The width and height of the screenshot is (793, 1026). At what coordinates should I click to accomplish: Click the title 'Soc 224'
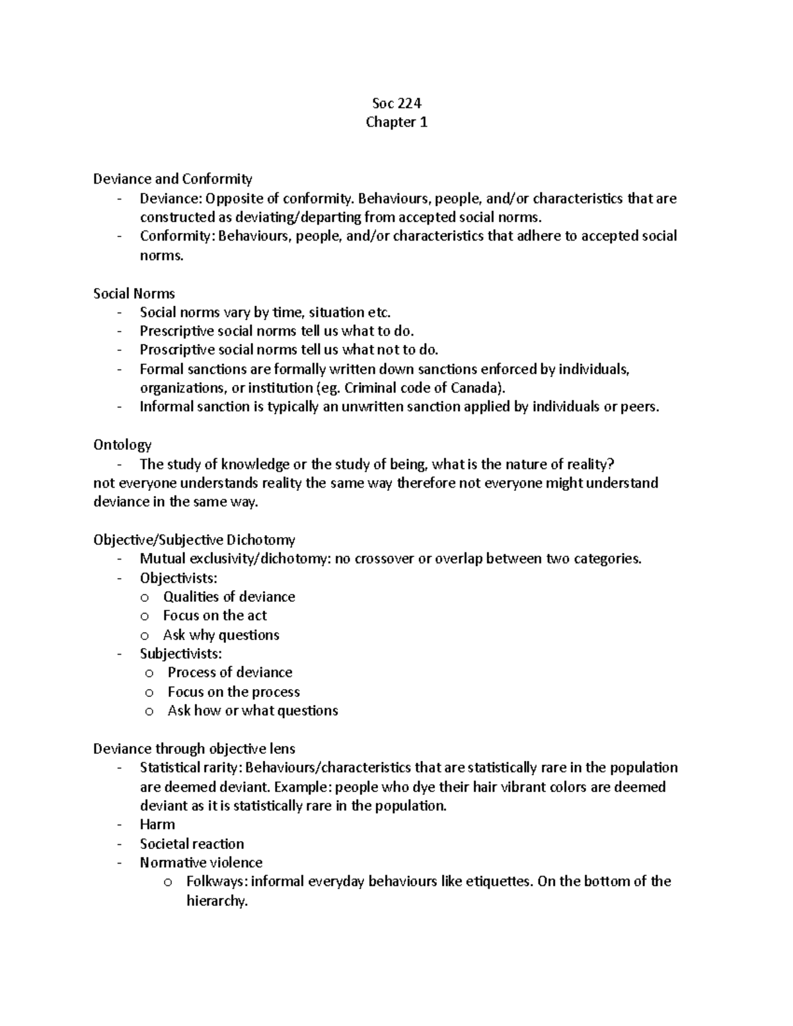click(x=397, y=103)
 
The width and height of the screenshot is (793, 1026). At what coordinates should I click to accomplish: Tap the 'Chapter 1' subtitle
click(x=397, y=122)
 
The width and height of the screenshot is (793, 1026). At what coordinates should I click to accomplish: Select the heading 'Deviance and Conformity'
click(x=172, y=179)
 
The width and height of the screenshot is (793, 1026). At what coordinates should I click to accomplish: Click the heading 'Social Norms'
click(x=134, y=293)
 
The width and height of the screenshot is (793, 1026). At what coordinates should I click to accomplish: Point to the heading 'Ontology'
click(x=122, y=445)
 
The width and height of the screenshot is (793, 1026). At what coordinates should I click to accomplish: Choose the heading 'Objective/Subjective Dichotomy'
click(x=194, y=540)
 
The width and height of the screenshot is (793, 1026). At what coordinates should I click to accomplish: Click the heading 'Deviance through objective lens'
click(x=194, y=749)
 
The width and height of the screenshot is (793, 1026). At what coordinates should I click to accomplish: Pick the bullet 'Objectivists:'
click(x=178, y=578)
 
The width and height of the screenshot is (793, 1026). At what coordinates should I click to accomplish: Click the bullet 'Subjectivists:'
click(x=180, y=654)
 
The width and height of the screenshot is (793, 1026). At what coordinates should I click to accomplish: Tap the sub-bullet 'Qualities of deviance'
click(x=229, y=597)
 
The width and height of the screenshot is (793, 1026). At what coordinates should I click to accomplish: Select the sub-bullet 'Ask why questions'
click(x=221, y=636)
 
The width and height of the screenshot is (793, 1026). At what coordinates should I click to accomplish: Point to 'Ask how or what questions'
click(x=252, y=711)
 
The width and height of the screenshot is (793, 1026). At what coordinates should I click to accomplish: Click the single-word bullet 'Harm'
click(x=157, y=824)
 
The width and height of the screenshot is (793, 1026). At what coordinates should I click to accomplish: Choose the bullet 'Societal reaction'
click(x=192, y=844)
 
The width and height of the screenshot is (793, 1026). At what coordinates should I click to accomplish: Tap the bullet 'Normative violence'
click(x=201, y=863)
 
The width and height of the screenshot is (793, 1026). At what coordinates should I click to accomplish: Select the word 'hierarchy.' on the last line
click(x=217, y=901)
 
